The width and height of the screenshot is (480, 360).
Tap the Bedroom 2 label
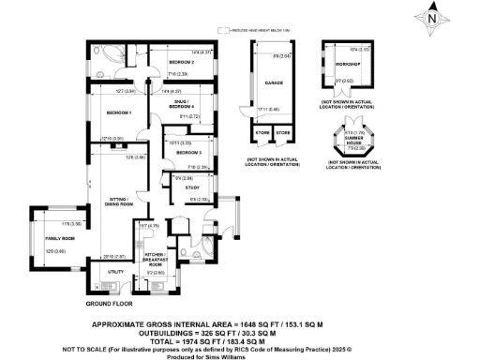pos(180,62)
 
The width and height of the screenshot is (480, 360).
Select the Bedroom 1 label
pos(118,113)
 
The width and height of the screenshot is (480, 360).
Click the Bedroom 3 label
pos(187,151)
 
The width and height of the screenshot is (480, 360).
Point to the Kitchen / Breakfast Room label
pos(157,259)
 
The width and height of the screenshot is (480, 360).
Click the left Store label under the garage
pos(260,133)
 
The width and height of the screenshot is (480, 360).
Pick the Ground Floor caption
pos(107,305)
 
